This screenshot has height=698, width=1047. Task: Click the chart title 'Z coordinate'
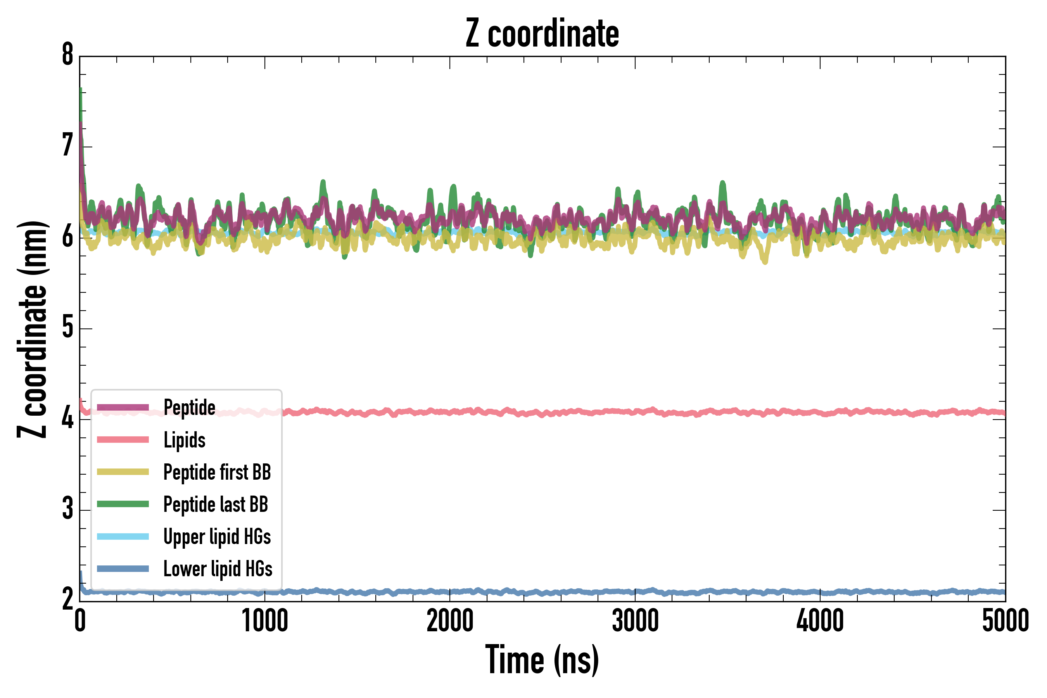542,34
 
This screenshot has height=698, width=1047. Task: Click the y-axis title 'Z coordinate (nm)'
32,329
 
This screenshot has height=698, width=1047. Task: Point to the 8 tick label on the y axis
67,55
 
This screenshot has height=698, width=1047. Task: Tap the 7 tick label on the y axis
67,146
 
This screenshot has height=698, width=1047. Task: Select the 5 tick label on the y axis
67,328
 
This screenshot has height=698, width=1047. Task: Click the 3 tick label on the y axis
67,509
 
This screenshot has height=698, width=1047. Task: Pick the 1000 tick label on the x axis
265,621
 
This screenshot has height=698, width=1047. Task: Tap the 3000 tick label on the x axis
635,621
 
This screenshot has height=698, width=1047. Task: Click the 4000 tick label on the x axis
820,621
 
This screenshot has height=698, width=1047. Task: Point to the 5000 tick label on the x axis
1005,621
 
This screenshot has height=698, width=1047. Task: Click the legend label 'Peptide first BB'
217,472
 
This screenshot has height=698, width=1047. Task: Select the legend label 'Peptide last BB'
216,504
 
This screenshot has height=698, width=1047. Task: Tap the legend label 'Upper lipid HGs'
217,536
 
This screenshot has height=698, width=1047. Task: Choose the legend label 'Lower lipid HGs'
218,569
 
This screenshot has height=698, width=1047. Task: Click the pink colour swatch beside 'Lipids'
123,440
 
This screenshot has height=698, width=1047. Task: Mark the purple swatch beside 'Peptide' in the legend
123,407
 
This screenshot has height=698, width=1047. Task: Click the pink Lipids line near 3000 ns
635,412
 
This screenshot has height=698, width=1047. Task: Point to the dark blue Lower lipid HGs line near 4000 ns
820,593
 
